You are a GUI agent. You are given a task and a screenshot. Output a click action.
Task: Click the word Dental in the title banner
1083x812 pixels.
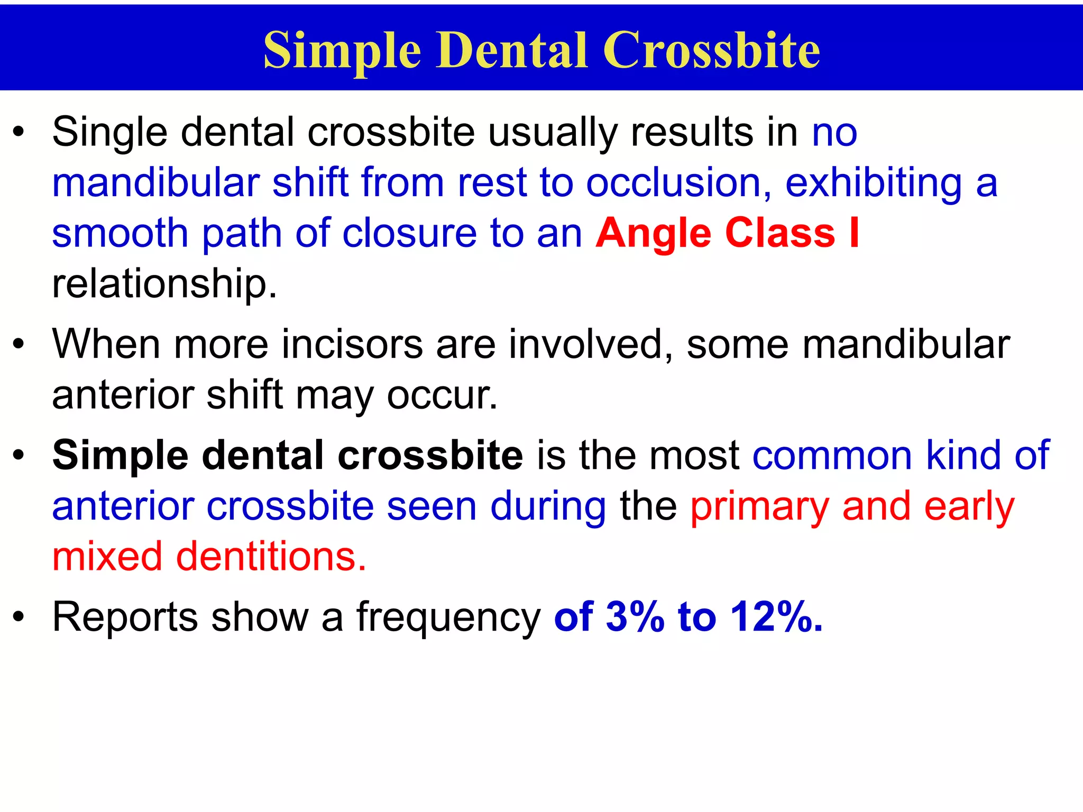tap(512, 50)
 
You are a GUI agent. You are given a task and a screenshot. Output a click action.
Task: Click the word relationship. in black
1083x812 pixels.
tap(164, 283)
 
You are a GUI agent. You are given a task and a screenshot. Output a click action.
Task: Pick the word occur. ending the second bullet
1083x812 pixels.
tap(442, 395)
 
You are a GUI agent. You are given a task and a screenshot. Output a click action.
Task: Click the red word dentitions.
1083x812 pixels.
tap(271, 557)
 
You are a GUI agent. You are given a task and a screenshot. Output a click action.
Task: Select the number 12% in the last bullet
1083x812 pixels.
tap(776, 616)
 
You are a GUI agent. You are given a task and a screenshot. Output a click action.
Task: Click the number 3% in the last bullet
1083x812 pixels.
tap(635, 616)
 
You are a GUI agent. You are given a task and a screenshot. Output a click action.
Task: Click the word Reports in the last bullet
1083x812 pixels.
tap(125, 617)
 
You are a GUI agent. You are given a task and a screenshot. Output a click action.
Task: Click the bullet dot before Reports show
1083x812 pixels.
tap(19, 617)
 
